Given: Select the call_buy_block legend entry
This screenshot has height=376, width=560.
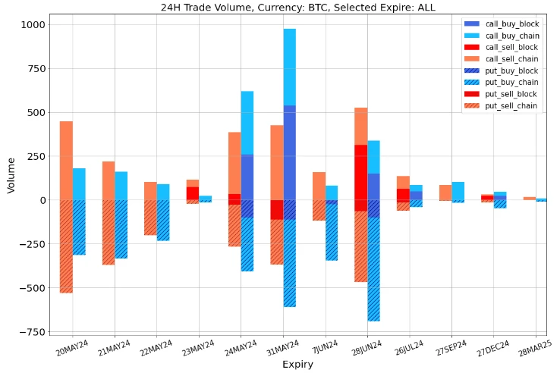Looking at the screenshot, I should tap(511, 25).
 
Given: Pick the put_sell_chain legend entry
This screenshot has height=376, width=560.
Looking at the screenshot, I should tap(511, 105).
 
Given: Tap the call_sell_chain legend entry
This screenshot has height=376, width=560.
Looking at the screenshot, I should tap(511, 59).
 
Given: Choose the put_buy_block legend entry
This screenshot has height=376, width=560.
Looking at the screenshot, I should tap(511, 70).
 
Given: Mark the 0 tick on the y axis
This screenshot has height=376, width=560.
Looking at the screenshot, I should tap(40, 200).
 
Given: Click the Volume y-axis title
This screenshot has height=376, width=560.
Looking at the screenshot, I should tap(11, 176).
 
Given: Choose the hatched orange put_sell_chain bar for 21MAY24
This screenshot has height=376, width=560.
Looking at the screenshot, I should tap(109, 232).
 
